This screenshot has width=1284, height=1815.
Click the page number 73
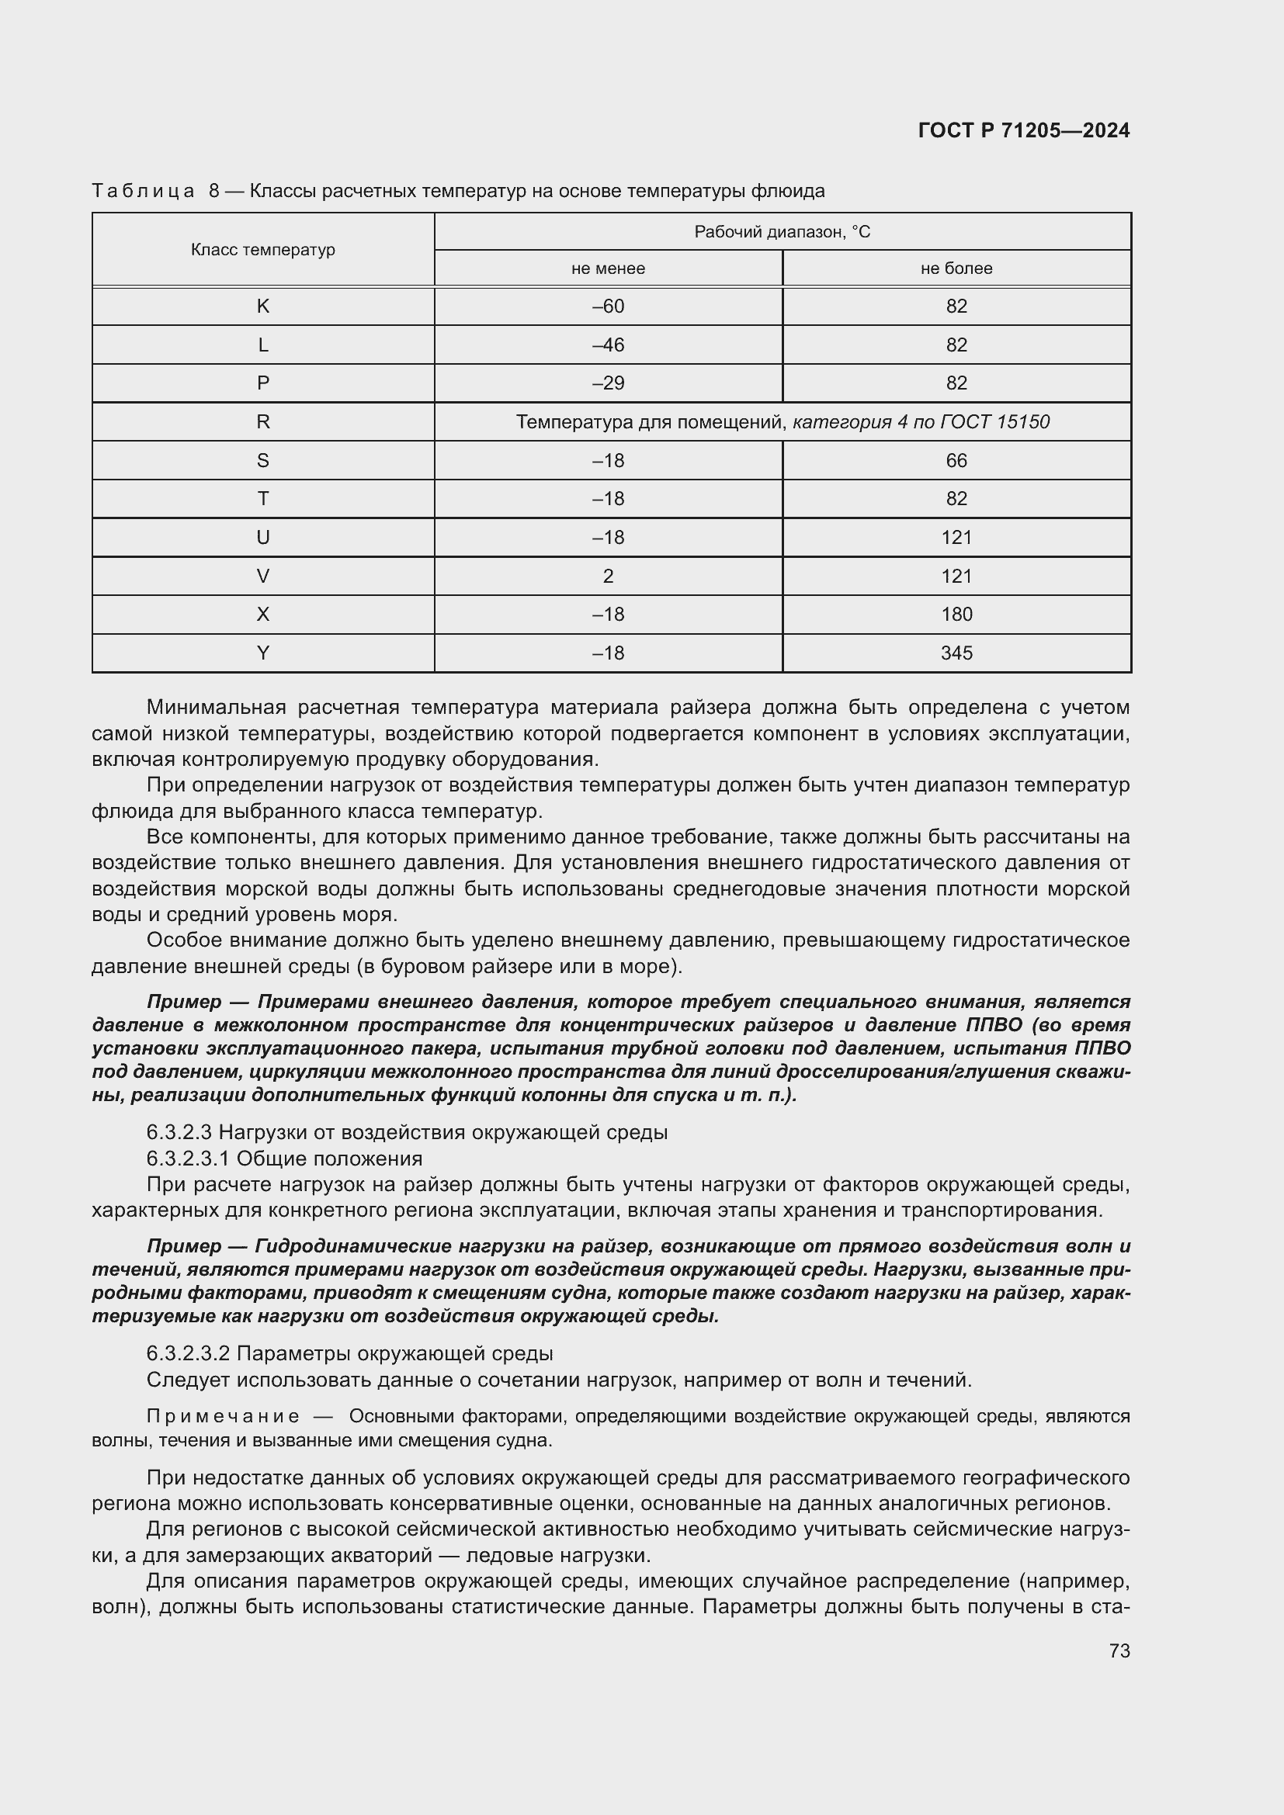click(1119, 1650)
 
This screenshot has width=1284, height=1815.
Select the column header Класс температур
click(262, 250)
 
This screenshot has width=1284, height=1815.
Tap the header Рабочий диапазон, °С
click(781, 231)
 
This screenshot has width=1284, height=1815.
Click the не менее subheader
click(607, 268)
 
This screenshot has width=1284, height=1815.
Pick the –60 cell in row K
click(607, 307)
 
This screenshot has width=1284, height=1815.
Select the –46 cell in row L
click(607, 345)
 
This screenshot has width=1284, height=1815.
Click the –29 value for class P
click(607, 383)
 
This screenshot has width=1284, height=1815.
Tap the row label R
click(262, 422)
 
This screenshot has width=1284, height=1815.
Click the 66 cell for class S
click(956, 461)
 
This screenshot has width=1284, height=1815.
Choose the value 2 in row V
click(607, 577)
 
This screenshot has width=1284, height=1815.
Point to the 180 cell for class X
click(956, 615)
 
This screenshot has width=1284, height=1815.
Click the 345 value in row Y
click(956, 653)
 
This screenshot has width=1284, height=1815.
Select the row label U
click(262, 538)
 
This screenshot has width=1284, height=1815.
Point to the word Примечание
click(223, 1417)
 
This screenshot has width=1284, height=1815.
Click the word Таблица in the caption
click(142, 192)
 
